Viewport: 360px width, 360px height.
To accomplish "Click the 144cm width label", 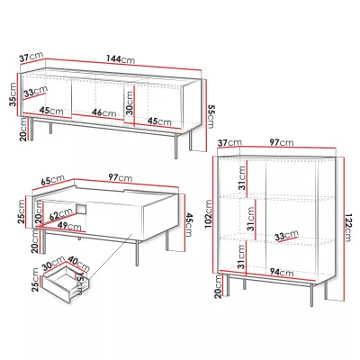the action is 121,58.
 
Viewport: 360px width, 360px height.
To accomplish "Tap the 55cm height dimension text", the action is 211,116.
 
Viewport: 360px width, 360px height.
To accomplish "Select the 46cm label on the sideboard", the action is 103,112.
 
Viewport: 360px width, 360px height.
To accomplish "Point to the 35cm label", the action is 13,94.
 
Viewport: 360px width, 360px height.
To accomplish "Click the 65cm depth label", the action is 52,181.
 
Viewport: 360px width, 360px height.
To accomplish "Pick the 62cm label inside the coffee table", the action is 61,215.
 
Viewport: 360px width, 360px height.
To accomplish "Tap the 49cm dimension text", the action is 69,226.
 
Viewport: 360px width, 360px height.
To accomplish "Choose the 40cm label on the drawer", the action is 78,264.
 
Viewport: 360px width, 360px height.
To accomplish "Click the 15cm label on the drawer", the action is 78,283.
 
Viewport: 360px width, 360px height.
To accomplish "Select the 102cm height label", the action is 208,214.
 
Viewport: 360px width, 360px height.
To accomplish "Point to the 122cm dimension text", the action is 348,228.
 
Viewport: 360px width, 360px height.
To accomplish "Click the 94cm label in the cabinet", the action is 282,272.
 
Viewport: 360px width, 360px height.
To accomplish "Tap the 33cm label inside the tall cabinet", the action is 287,236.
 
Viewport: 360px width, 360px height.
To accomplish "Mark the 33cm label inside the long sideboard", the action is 36,92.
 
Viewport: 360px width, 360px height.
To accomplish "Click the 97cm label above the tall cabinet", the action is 282,142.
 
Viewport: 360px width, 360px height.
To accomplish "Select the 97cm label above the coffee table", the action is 121,177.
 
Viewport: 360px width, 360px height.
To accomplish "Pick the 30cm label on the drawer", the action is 54,263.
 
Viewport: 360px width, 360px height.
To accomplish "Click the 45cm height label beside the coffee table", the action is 188,225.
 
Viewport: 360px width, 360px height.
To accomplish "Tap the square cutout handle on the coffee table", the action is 81,209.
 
